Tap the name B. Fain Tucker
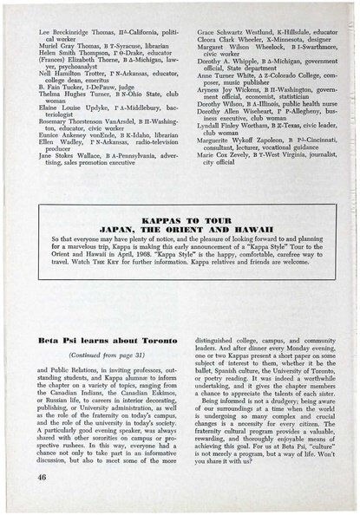(57, 89)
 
